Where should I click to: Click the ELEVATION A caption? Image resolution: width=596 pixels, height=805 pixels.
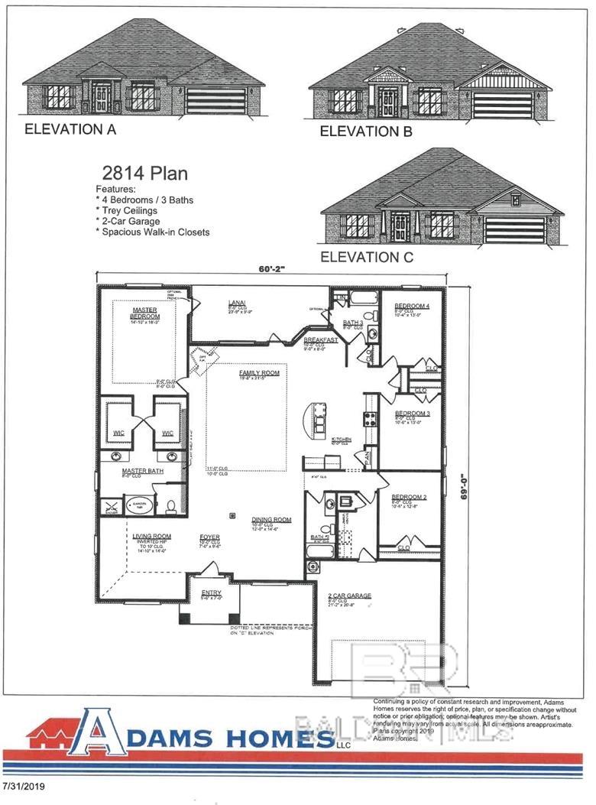[x=70, y=129]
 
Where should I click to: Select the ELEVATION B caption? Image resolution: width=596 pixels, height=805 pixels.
[x=366, y=131]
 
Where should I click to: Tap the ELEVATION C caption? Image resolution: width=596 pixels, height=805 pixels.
[x=367, y=257]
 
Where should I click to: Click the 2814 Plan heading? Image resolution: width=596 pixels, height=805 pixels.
[x=144, y=174]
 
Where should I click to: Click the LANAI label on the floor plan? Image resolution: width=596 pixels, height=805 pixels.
[x=236, y=303]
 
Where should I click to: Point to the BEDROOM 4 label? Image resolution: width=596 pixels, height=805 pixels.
[x=412, y=306]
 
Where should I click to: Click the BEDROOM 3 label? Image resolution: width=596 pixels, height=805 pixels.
[x=410, y=413]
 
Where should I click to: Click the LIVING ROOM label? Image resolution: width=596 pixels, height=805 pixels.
[x=151, y=537]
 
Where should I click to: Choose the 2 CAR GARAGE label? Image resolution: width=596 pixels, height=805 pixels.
[x=349, y=595]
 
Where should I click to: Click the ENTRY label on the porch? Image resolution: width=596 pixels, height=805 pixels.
[x=211, y=592]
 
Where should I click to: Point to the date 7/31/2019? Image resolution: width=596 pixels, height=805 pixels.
[x=24, y=786]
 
